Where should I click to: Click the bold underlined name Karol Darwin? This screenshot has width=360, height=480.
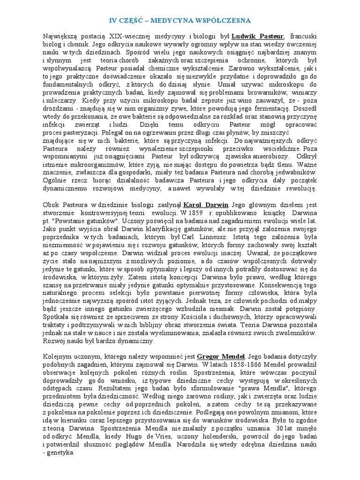[x=206, y=205]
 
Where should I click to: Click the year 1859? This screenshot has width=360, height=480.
[x=197, y=213]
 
